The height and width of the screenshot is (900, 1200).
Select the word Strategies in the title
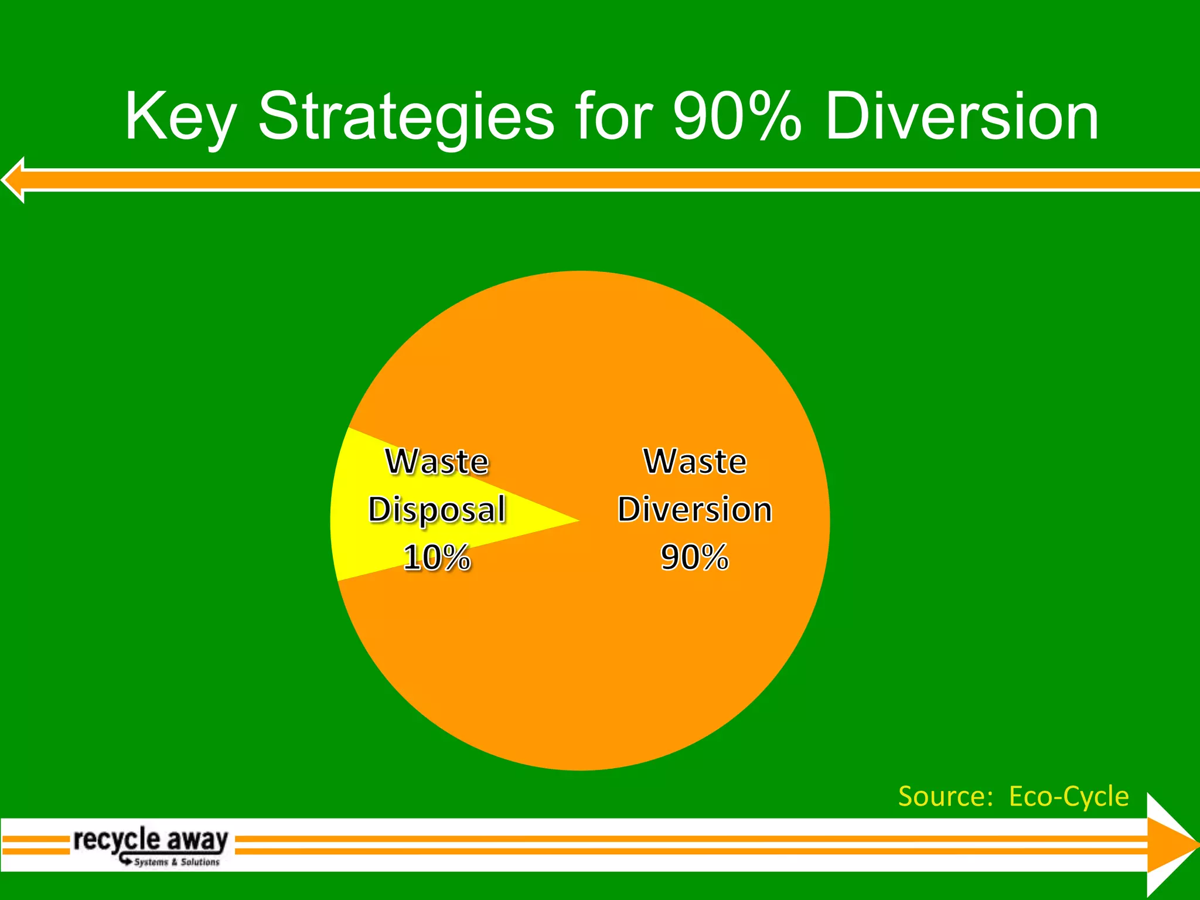[405, 117]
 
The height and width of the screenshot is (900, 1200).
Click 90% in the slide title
[737, 117]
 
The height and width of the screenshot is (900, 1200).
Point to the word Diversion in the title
[962, 117]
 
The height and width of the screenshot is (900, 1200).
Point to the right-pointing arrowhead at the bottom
[1172, 844]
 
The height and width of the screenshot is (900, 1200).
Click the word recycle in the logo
[116, 840]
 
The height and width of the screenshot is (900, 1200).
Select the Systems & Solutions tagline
[176, 862]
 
